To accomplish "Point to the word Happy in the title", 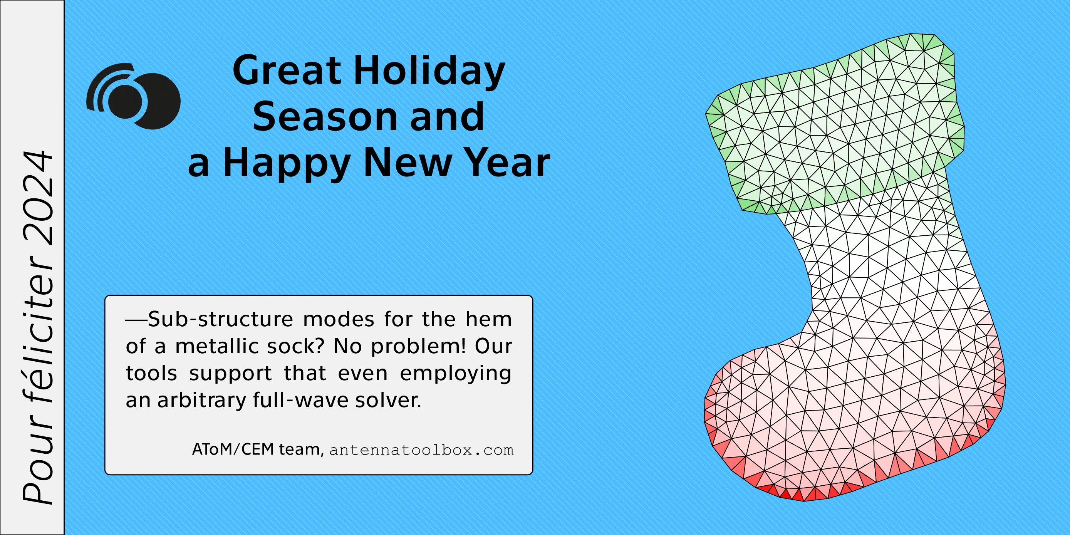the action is click(x=287, y=164).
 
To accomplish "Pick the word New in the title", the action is click(x=408, y=163).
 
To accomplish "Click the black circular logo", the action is click(x=133, y=96).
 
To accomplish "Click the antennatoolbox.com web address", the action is click(x=422, y=450).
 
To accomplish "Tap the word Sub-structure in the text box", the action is click(x=221, y=319).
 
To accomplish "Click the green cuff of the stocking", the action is click(x=835, y=125).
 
